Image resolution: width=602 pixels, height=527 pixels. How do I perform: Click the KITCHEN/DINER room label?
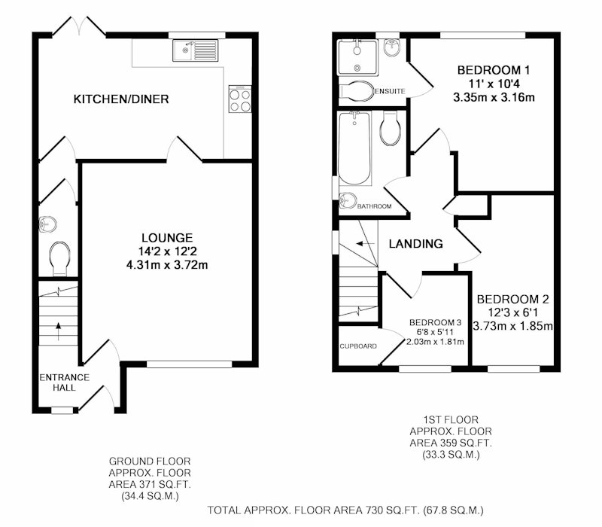tap(121, 99)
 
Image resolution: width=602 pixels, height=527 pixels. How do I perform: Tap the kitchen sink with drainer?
tap(195, 50)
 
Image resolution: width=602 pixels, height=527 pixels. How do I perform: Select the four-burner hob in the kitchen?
tap(240, 99)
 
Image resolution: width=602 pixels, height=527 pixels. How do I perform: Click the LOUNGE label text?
tap(167, 238)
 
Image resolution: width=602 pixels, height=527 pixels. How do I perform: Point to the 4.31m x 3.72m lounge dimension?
tap(167, 265)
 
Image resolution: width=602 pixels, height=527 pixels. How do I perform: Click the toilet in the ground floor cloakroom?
tap(59, 258)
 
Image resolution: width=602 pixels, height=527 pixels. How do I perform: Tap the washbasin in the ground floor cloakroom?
tap(47, 224)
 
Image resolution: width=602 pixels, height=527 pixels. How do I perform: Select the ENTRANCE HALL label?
tap(65, 382)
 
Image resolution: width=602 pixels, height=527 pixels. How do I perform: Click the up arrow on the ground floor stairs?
tap(59, 331)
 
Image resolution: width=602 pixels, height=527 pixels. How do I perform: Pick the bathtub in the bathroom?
tap(354, 148)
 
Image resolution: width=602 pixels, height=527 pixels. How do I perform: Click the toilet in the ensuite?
tap(356, 91)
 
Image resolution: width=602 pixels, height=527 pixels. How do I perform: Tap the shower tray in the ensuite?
tap(357, 57)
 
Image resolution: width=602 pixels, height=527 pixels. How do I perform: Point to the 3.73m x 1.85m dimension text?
tap(512, 326)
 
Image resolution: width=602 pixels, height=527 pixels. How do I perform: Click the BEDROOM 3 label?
tap(436, 322)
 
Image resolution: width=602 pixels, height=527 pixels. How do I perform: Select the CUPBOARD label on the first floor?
tap(358, 346)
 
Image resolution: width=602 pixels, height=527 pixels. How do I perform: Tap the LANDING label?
tap(416, 243)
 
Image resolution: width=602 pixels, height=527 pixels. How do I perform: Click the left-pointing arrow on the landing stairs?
tap(365, 243)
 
